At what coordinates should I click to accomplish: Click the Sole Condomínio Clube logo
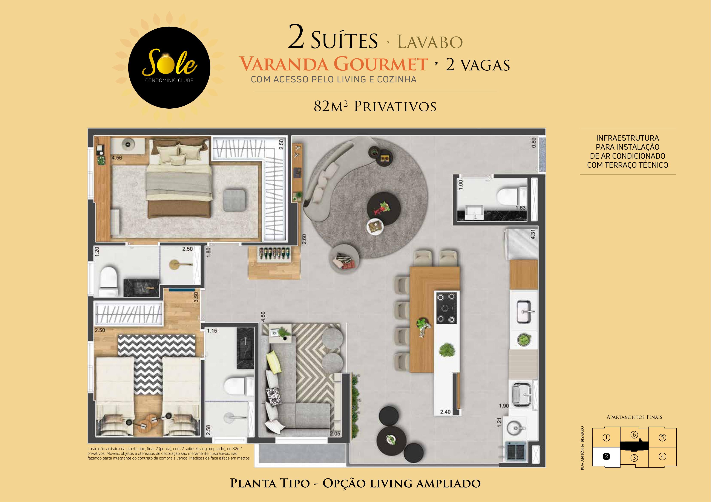(169, 67)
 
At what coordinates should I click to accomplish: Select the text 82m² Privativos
(375, 106)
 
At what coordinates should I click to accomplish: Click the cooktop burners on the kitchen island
(446, 308)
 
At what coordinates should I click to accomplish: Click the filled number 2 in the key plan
(606, 456)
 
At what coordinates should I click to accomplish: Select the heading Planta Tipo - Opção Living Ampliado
(355, 484)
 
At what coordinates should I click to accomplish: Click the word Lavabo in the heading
(430, 42)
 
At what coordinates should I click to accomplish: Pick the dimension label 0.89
(533, 143)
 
